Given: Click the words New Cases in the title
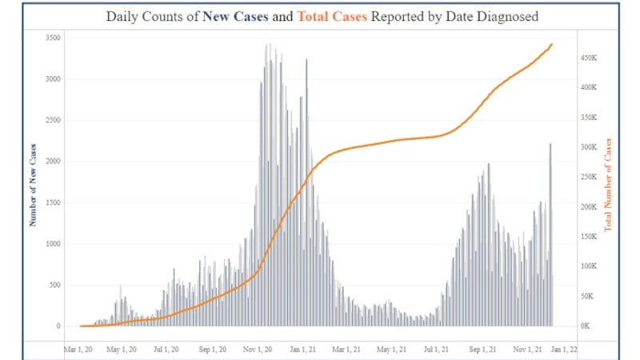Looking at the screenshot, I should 238,15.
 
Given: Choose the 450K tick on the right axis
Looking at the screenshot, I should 590,58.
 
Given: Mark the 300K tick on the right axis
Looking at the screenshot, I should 590,147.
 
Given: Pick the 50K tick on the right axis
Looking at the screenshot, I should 588,296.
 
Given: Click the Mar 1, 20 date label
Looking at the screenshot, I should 81,350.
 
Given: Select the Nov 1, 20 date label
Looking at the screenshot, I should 260,350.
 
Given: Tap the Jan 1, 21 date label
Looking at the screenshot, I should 305,350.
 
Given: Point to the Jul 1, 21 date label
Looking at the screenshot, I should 436,350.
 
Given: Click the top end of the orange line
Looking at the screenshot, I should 551,45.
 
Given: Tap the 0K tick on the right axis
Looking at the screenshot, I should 586,326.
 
